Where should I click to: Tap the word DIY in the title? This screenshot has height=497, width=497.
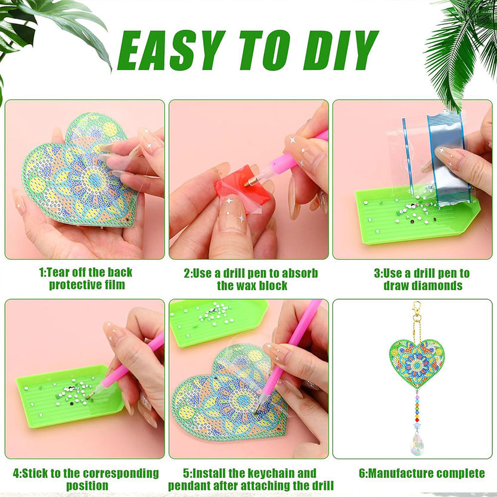point(341,51)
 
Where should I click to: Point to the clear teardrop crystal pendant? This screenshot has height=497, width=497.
point(417,443)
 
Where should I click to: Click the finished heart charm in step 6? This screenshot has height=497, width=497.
point(417,364)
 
